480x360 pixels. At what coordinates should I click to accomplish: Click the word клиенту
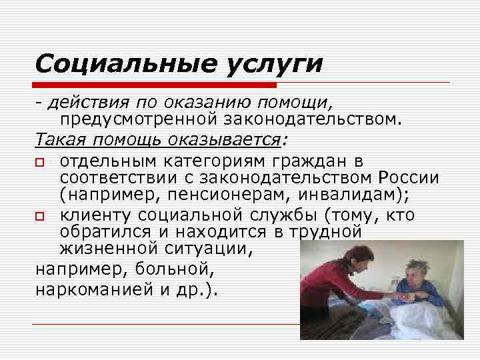pos(93,216)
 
